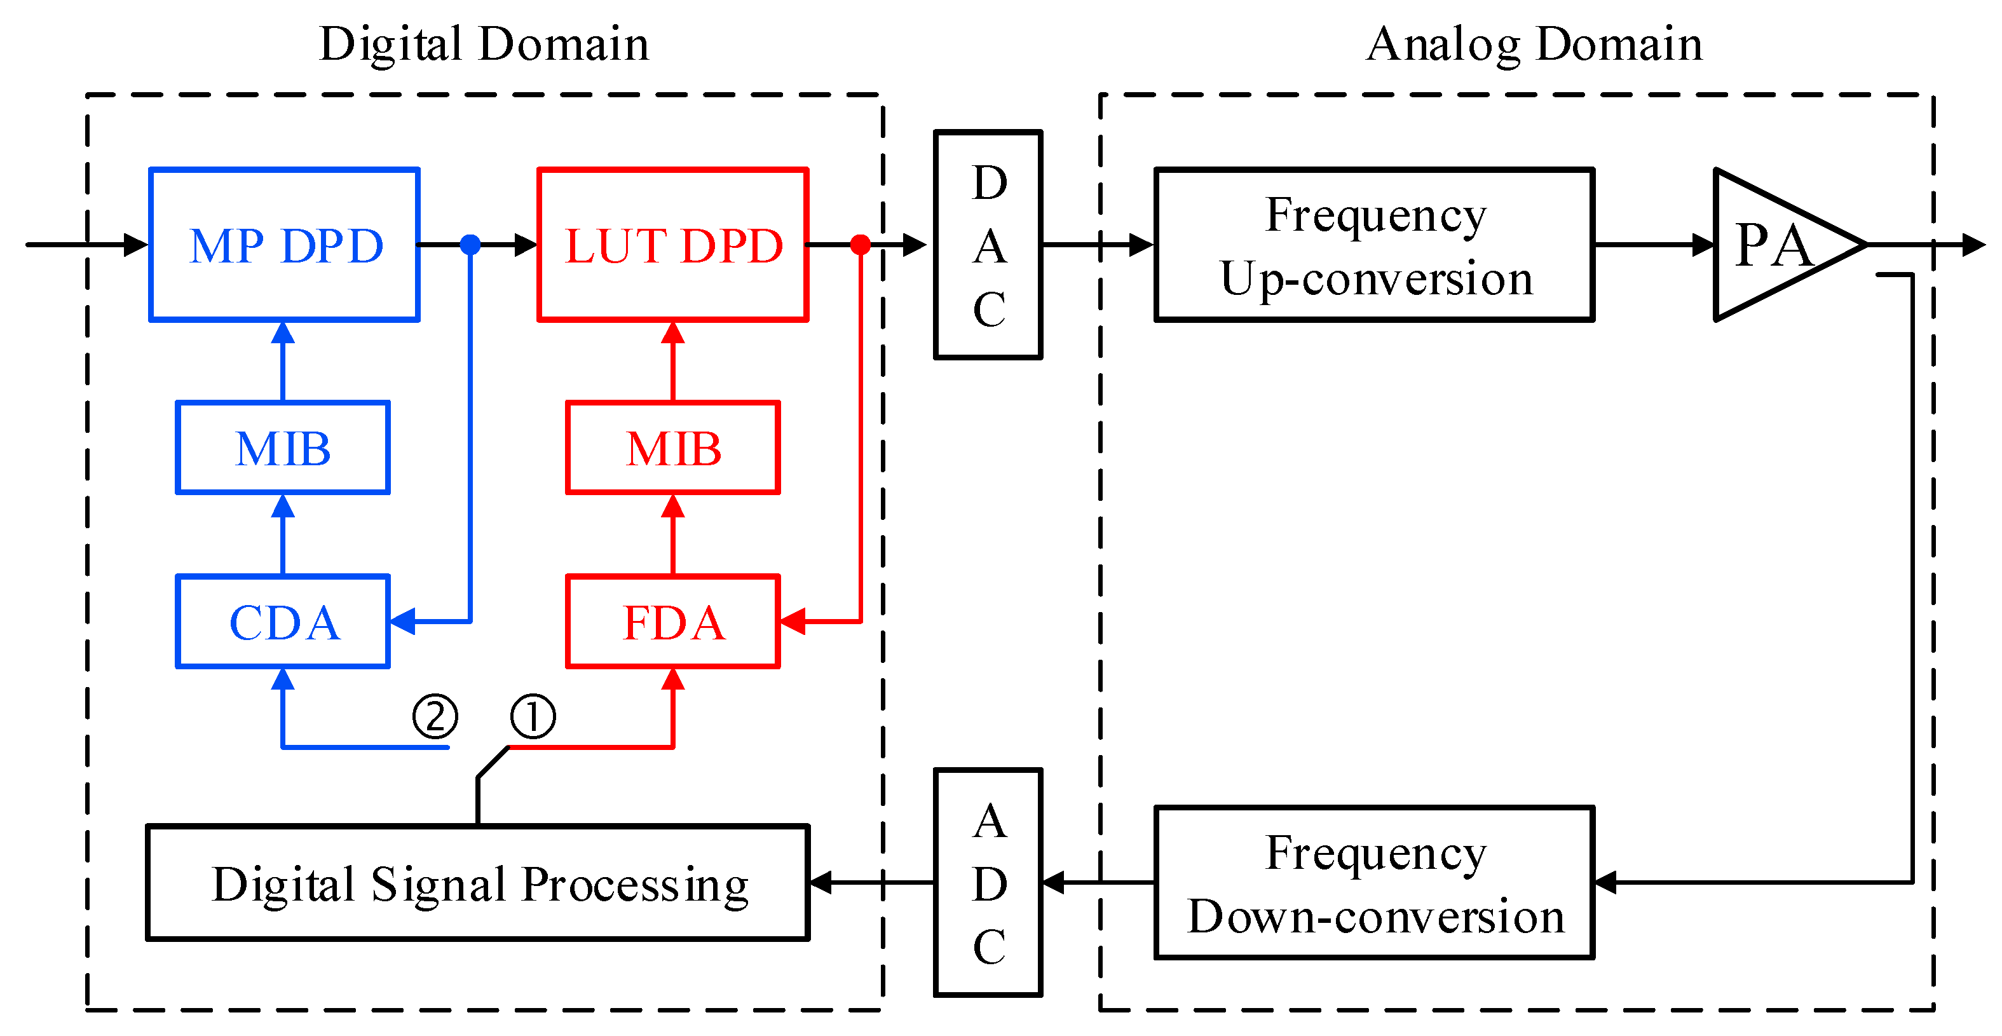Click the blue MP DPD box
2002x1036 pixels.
[285, 244]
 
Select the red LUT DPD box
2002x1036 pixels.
[673, 244]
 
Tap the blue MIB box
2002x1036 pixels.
[283, 447]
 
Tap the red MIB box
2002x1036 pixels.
[673, 447]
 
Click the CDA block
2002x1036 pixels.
[283, 622]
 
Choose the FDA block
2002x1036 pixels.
[673, 622]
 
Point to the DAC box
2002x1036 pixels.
[988, 245]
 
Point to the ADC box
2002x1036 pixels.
[988, 882]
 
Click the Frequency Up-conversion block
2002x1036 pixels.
[1374, 244]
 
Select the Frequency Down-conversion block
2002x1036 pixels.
[1374, 883]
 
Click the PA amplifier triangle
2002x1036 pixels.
[1772, 245]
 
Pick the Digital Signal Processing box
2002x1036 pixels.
[478, 883]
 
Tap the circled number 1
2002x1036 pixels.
[533, 716]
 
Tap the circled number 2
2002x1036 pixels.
[435, 716]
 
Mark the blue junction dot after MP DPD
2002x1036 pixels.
[470, 245]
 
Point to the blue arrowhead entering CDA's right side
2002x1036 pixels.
[402, 621]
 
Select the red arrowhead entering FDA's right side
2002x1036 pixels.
[793, 621]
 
